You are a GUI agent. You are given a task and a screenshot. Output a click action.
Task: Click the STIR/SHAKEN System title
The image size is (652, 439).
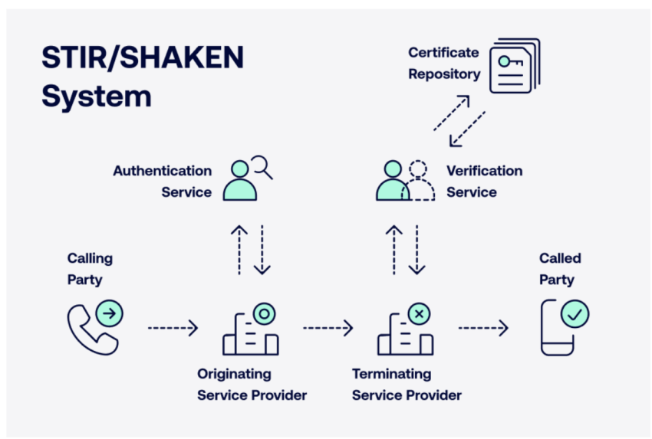143,77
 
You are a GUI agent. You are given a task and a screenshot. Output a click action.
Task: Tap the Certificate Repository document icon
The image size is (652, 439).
515,66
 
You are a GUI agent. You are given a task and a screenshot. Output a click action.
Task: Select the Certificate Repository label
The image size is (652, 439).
444,63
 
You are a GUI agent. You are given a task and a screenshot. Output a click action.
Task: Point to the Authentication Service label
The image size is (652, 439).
162,182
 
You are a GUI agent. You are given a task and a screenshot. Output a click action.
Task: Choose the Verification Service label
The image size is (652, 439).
485,182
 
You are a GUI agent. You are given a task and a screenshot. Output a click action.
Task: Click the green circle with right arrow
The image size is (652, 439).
110,313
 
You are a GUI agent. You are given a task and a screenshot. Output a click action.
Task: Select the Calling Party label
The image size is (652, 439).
90,269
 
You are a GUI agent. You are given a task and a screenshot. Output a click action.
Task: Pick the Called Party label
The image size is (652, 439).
560,269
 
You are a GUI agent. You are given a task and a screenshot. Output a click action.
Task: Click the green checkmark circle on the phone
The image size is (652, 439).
575,314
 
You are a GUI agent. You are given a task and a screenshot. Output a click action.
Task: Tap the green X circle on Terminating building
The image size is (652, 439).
419,314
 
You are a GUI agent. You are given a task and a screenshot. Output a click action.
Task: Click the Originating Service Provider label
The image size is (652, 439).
252,384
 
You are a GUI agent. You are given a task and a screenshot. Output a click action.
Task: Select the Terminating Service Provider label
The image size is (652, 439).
407,384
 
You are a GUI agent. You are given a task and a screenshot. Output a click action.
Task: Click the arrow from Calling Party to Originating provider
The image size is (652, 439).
173,328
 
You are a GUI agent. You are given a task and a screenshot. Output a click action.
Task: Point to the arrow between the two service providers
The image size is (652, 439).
328,328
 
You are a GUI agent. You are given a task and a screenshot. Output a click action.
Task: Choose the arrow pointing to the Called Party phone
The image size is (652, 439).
483,328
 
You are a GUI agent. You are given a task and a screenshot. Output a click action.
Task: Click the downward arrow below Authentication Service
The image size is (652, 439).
262,250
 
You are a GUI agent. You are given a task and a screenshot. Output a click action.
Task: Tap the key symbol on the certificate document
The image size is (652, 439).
511,62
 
